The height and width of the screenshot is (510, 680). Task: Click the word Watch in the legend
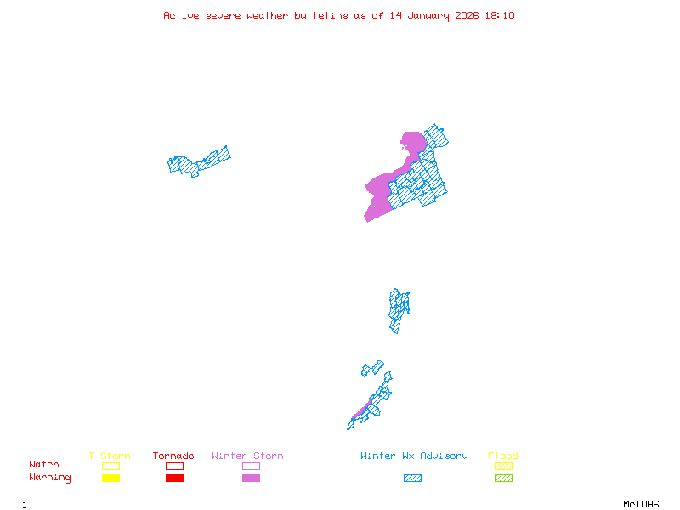(44, 465)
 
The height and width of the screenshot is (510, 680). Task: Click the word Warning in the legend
(50, 478)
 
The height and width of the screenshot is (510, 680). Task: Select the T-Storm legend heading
(110, 456)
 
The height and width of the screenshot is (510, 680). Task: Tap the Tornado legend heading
(173, 456)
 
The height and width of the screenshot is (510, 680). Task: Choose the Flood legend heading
(503, 456)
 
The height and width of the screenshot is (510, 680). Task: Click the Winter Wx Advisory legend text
(414, 456)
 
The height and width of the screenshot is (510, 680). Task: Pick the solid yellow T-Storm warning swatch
(110, 479)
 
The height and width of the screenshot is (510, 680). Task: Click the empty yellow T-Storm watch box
(110, 466)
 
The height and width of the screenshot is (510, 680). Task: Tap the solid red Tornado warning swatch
(174, 479)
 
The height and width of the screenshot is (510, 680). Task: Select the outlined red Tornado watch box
(174, 466)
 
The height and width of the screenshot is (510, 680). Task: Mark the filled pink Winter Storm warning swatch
(251, 479)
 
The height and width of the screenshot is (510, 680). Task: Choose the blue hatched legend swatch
(412, 479)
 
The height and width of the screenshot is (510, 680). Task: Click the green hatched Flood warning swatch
(503, 479)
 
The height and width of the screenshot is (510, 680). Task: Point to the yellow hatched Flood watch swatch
(503, 466)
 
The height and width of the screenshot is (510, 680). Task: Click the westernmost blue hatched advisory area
(198, 161)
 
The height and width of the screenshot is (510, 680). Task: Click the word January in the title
(428, 15)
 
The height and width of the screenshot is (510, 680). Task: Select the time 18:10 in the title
(500, 15)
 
